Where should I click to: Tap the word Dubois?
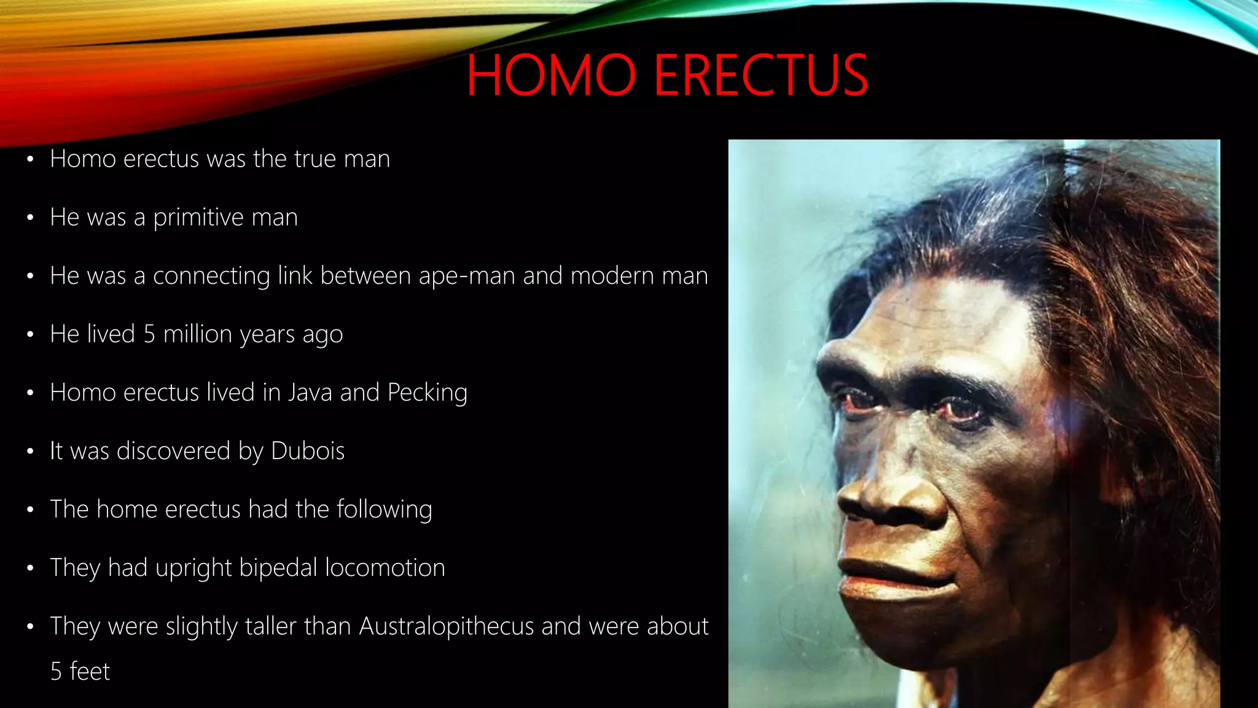tap(308, 451)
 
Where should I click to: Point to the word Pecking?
tap(428, 393)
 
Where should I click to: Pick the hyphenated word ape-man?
tap(467, 276)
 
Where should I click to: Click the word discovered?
tap(174, 451)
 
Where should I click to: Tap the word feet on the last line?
tap(90, 672)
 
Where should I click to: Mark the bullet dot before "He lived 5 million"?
tap(30, 335)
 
